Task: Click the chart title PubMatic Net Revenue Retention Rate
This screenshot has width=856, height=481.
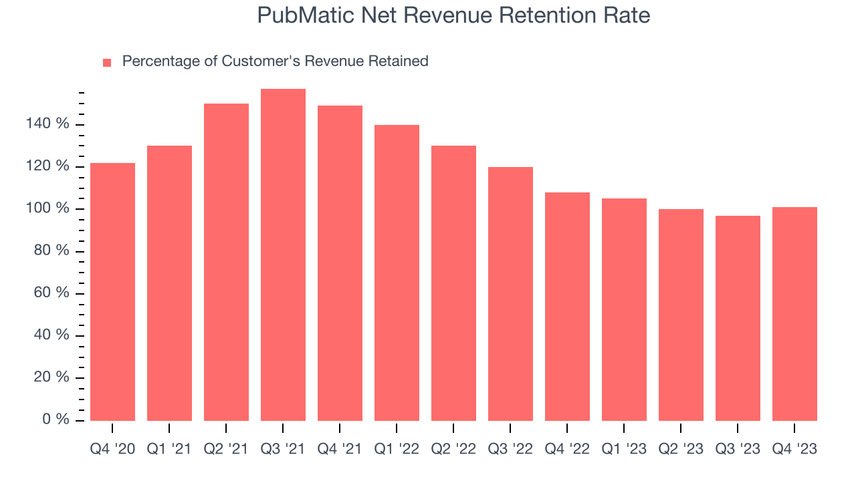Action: click(453, 15)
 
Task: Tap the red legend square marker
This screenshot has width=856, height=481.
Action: click(107, 63)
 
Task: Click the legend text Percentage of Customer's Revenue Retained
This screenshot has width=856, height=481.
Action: click(275, 61)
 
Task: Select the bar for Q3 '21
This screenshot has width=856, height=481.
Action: click(283, 255)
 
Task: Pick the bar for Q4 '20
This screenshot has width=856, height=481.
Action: click(112, 292)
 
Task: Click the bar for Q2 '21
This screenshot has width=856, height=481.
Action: click(226, 262)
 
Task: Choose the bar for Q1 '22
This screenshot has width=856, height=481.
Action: click(397, 273)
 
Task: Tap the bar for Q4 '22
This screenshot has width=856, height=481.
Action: click(567, 307)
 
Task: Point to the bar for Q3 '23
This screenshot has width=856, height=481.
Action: click(738, 318)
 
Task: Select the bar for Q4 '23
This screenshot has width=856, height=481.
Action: click(794, 314)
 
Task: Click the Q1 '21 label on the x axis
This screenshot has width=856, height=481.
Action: click(169, 449)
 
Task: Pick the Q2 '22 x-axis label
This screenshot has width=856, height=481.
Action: click(453, 449)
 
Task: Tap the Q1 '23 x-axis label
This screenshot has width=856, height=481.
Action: click(624, 449)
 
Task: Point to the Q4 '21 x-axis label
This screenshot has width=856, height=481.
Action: click(340, 449)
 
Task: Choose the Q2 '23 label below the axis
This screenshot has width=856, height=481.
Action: click(681, 449)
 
